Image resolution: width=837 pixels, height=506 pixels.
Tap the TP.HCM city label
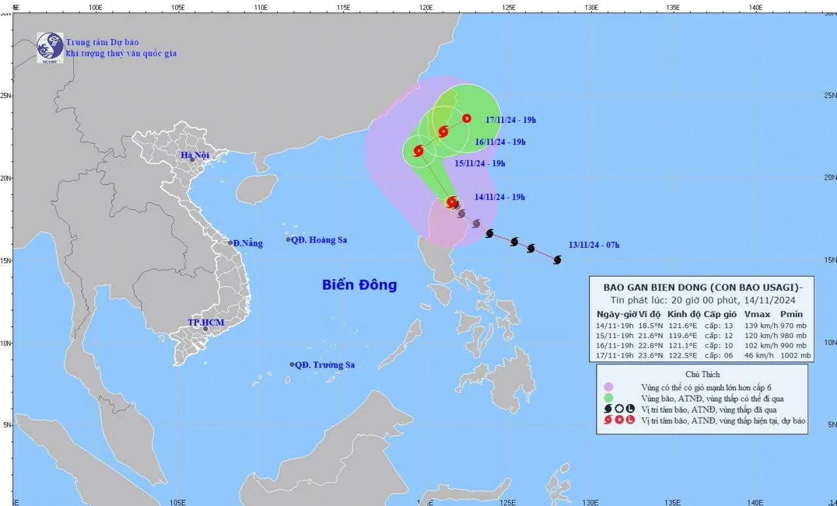point(206,322)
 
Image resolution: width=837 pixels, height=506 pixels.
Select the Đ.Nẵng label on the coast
point(248,243)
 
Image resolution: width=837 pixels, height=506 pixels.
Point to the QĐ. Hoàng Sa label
point(318,240)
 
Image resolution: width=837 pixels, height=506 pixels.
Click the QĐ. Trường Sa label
point(324,365)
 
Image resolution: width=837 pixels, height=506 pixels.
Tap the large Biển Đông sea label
point(359,285)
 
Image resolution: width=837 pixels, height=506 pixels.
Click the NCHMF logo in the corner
point(50,47)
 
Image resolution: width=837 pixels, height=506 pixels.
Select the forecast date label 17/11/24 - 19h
point(511,120)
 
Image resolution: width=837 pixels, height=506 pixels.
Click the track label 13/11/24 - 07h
point(594,245)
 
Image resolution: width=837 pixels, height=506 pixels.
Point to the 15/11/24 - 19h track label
point(480,163)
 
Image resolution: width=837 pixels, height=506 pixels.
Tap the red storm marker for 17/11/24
point(466,118)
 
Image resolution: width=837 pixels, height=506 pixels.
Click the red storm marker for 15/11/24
point(418,151)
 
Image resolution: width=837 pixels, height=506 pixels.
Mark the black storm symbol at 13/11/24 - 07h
point(557,260)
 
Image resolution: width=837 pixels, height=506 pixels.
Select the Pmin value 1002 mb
point(795,356)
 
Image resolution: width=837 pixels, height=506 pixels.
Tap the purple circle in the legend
point(609,386)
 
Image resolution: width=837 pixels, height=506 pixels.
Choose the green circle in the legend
point(609,397)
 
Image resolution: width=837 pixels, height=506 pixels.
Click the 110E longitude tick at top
point(260,7)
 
